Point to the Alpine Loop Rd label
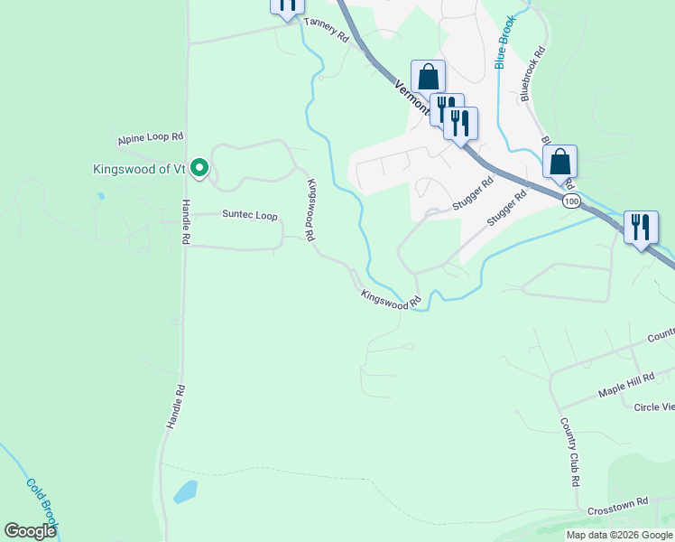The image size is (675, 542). (x=150, y=139)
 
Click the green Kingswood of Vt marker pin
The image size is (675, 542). (x=200, y=168)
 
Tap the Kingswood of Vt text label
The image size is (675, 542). (x=139, y=169)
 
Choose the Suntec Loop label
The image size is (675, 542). (x=250, y=215)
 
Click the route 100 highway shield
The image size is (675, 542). (x=570, y=201)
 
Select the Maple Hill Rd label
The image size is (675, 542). (x=624, y=388)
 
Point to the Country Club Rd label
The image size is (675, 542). (x=569, y=452)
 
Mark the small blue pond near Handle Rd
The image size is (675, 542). (x=185, y=491)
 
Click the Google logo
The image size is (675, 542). (x=30, y=531)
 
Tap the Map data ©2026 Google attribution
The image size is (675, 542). (x=619, y=535)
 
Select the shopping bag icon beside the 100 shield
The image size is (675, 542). (x=560, y=163)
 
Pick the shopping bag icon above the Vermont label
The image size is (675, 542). (x=428, y=77)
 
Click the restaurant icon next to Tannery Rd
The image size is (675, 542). (x=286, y=5)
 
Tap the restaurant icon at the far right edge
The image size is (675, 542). (x=641, y=227)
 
